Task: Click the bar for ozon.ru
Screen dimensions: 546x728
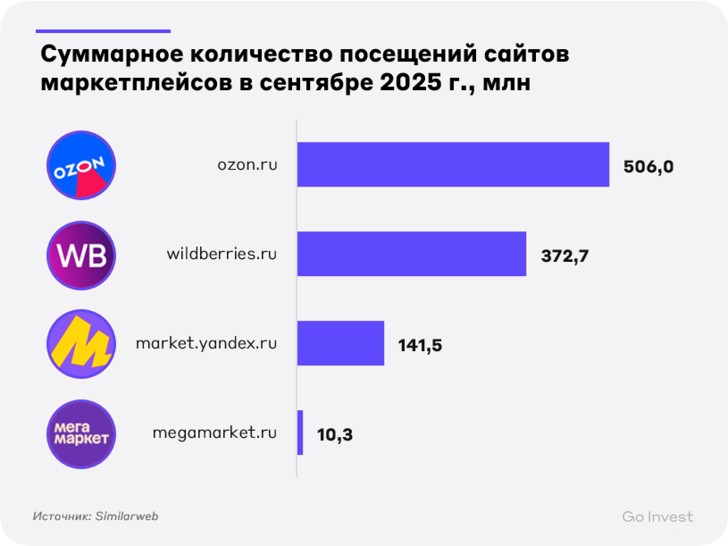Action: tap(453, 164)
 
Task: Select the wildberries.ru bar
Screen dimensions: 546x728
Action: tap(411, 254)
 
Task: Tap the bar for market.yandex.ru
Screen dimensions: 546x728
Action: tap(340, 343)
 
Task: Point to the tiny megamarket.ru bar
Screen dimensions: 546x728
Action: tap(300, 433)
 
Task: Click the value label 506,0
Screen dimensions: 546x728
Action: tap(648, 167)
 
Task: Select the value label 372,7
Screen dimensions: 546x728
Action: tap(565, 256)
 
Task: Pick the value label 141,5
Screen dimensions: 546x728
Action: tap(420, 345)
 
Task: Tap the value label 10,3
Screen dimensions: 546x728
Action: tap(335, 435)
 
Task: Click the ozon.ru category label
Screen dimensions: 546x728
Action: tap(247, 165)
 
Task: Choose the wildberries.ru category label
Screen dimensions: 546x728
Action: tap(222, 254)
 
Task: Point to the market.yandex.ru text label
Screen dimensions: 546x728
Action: tap(206, 344)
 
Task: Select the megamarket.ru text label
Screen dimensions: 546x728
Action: tap(215, 433)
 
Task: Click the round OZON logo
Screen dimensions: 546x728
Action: tap(81, 165)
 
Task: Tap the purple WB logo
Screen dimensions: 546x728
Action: tap(81, 255)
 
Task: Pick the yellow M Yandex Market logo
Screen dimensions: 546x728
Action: tap(81, 344)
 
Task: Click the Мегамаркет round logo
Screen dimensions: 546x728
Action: tap(81, 434)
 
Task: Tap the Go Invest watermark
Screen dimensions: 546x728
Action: tap(657, 517)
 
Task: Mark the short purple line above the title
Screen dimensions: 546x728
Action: tap(103, 31)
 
